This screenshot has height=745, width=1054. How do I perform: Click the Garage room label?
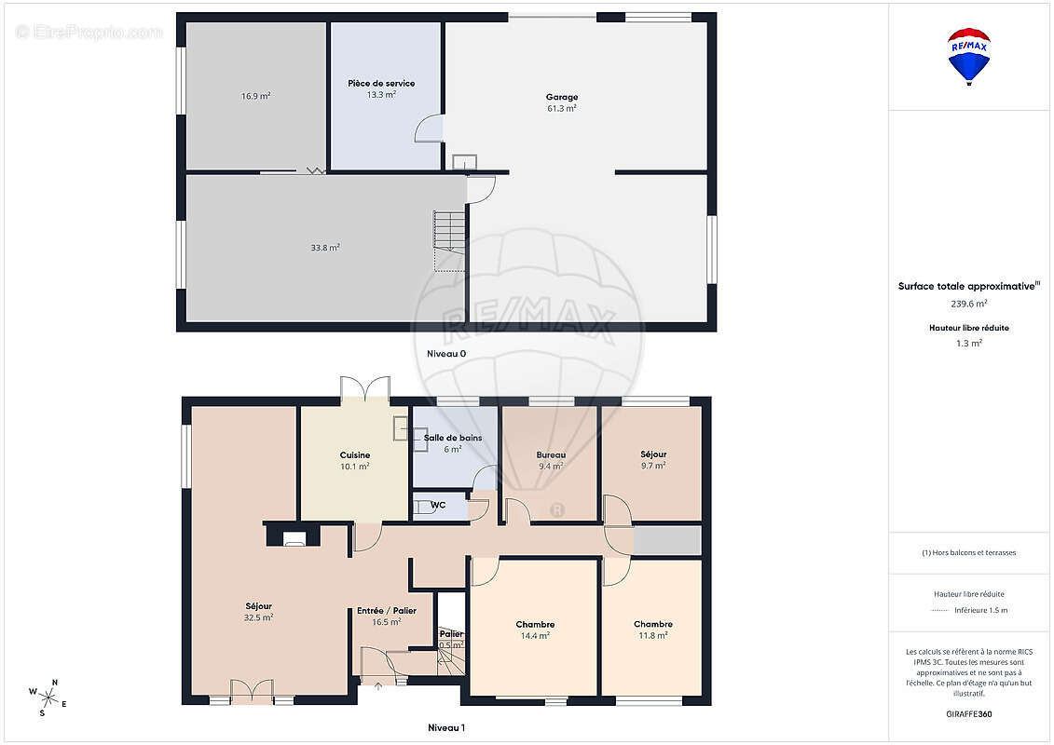point(562,97)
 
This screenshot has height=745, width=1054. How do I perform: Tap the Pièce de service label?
point(381,83)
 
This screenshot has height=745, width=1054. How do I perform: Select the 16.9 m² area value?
point(255,96)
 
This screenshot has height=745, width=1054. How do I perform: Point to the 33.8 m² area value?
point(324,247)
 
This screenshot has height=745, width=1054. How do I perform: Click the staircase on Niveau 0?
point(450,240)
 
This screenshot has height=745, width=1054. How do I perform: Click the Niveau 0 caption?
point(446,353)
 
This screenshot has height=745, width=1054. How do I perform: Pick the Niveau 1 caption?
point(446,727)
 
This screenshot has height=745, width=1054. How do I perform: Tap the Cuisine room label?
point(355,454)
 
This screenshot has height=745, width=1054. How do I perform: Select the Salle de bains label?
point(452,438)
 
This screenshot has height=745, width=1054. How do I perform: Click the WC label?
point(438,505)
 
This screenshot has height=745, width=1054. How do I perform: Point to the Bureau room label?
point(551,454)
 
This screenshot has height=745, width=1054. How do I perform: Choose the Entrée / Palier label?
point(387,611)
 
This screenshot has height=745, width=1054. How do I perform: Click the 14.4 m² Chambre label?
point(535,624)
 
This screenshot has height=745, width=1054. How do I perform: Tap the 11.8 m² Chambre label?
point(652,624)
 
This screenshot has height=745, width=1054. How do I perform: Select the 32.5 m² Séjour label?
point(258,606)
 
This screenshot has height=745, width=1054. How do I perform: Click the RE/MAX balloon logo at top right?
point(968,57)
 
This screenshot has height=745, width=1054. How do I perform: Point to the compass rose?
point(48,698)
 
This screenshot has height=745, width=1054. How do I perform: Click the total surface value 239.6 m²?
point(968,304)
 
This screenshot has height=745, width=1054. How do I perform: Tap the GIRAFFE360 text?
point(968,714)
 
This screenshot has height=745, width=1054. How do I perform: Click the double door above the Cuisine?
point(365,389)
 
